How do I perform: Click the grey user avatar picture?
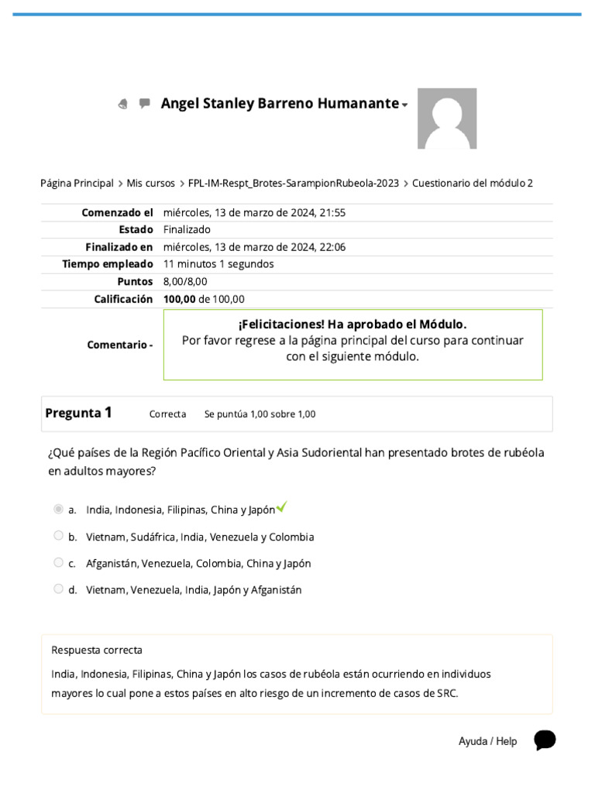pos(447,118)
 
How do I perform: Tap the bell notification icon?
pos(122,104)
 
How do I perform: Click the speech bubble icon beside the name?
pos(144,103)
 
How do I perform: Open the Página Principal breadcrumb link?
pos(77,184)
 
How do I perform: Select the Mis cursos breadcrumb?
pos(151,184)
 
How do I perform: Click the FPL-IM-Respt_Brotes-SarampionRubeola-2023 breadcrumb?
pos(294,184)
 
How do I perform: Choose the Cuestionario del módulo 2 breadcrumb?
pos(473,184)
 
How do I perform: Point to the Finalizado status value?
pos(187,230)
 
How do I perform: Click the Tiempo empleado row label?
pos(108,264)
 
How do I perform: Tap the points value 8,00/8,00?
pos(185,282)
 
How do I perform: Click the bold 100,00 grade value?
pos(179,299)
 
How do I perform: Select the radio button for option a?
pos(58,510)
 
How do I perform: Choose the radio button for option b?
pos(58,536)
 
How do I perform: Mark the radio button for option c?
pos(58,563)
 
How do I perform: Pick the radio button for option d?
pos(58,589)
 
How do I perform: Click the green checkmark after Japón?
pos(282,507)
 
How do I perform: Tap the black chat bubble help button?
pos(545,740)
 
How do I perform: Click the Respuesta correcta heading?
pos(97,651)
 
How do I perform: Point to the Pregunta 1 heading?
pos(78,413)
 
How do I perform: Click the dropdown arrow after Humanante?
pos(404,105)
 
